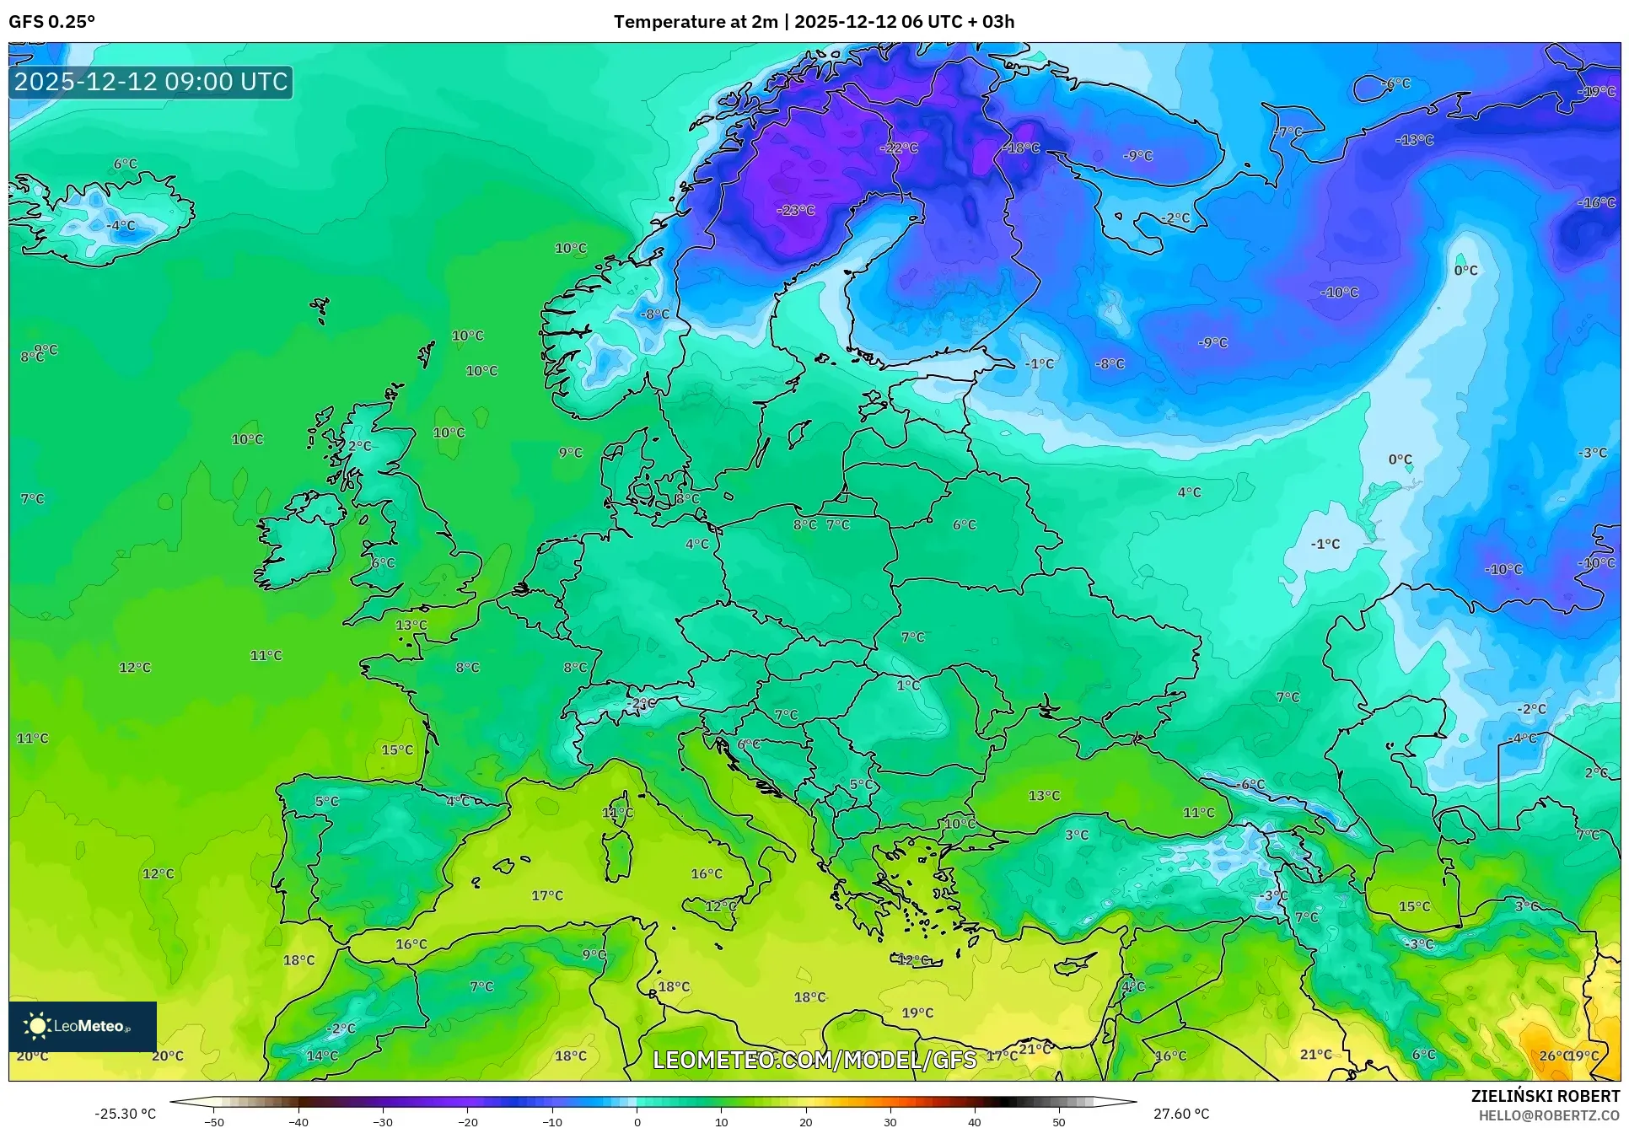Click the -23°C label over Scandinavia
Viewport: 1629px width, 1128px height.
(x=796, y=210)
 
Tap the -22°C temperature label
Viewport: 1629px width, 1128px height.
(x=899, y=148)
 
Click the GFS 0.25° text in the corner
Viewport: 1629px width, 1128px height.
(x=52, y=22)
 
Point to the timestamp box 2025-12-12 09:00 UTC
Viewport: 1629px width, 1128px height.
(x=151, y=82)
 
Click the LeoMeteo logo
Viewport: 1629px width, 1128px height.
(x=82, y=1026)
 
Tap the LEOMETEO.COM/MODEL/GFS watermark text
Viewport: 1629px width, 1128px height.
(x=814, y=1060)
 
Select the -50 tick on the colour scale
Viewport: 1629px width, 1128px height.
(x=214, y=1122)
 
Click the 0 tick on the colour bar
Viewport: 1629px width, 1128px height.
(x=637, y=1122)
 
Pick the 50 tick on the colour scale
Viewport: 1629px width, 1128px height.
(x=1059, y=1122)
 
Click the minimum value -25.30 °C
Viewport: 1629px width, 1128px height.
(x=125, y=1114)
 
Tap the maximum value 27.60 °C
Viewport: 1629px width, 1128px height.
(x=1181, y=1114)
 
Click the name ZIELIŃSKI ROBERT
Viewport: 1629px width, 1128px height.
(x=1546, y=1096)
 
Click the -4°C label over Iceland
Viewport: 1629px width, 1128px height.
(x=121, y=225)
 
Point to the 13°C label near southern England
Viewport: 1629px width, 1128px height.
(x=411, y=625)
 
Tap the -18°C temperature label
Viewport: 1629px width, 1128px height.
(x=1021, y=148)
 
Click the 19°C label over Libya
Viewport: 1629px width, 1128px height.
(x=917, y=1013)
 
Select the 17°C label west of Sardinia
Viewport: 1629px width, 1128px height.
(x=547, y=895)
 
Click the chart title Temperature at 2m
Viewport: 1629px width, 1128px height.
(x=696, y=22)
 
